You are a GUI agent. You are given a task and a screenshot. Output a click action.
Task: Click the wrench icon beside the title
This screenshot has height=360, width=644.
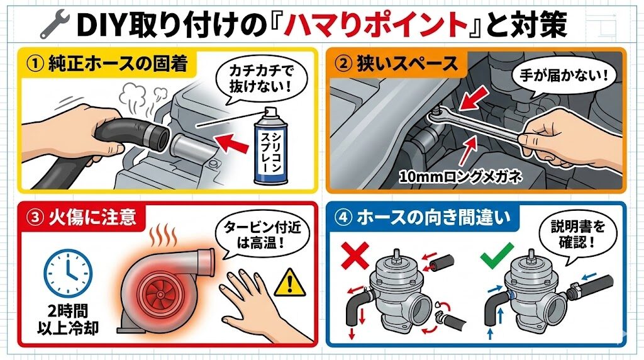54,25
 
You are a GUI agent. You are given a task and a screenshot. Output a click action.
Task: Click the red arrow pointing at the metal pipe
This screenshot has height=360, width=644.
233,143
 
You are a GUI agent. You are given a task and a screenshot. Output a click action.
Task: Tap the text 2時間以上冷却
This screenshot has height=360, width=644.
68,319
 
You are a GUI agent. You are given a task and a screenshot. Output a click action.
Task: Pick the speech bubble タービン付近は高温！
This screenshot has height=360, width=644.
262,235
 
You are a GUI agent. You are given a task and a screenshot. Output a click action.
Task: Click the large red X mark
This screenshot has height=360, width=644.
355,256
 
